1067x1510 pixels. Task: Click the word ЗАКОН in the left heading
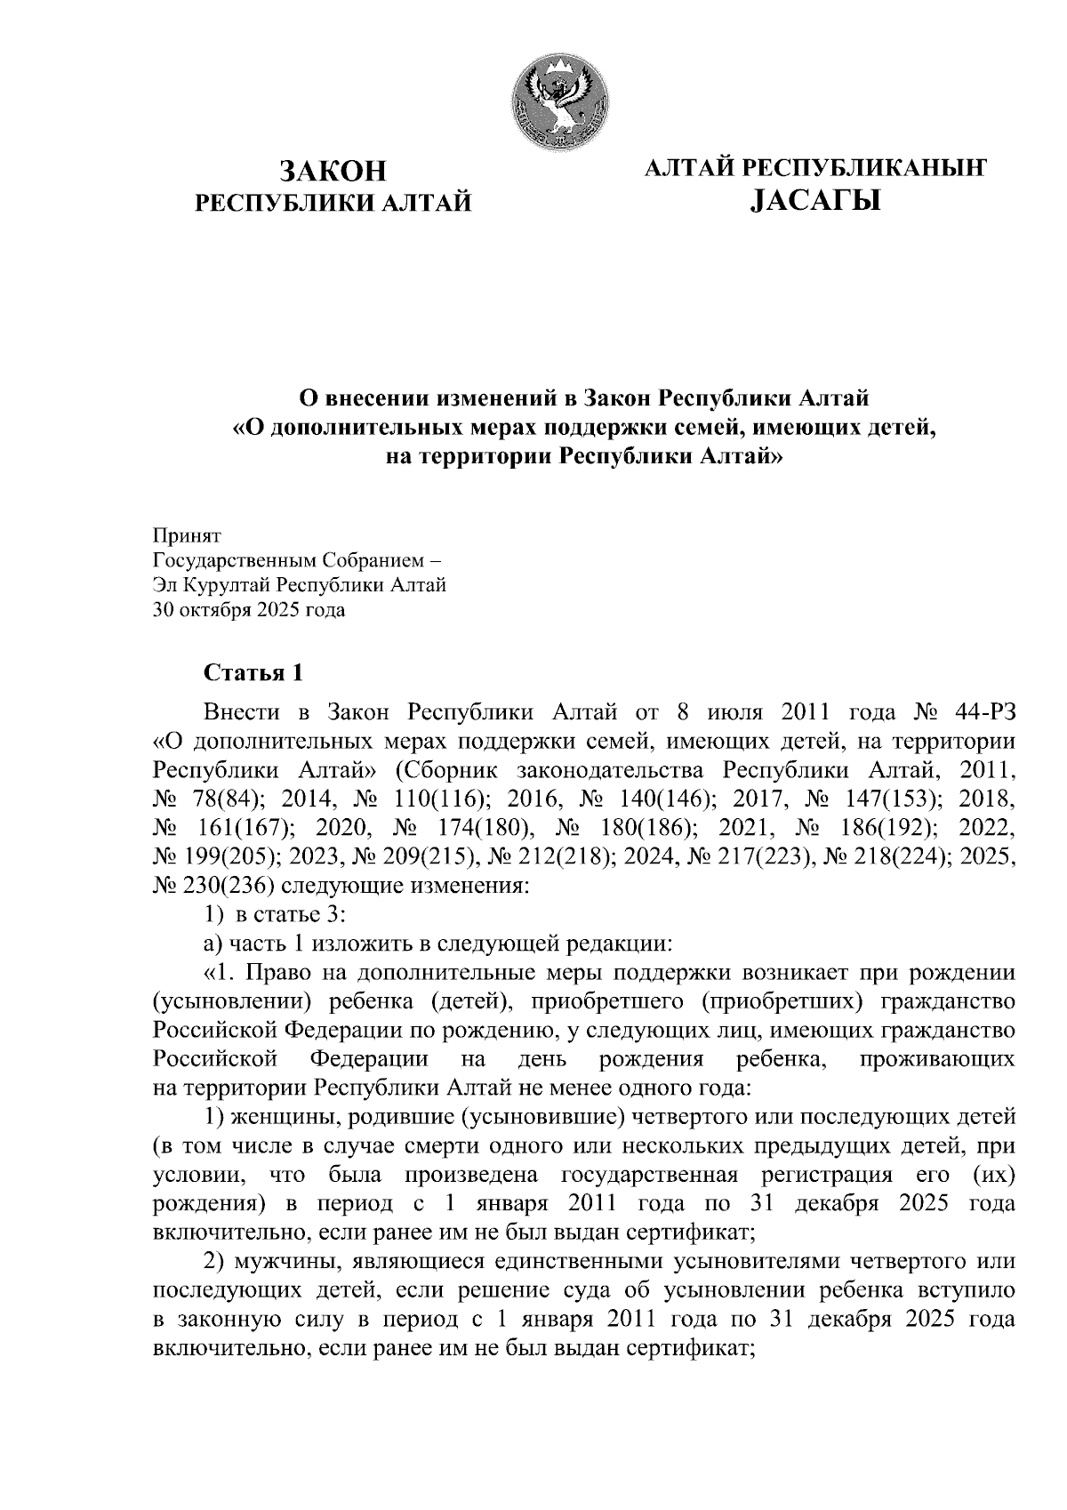click(334, 170)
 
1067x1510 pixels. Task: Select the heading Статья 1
click(253, 673)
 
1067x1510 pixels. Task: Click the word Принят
click(187, 536)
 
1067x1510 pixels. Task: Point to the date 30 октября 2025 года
click(250, 610)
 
